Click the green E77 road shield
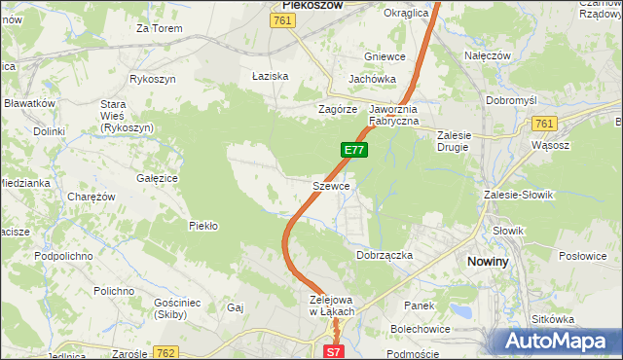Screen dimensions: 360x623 (353, 150)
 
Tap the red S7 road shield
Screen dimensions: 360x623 (333, 351)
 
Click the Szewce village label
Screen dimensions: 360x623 (331, 185)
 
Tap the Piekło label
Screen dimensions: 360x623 (202, 226)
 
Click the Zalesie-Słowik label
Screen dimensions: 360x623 (518, 195)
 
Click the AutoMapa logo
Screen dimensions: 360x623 (562, 341)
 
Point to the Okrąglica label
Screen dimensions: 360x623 (406, 13)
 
